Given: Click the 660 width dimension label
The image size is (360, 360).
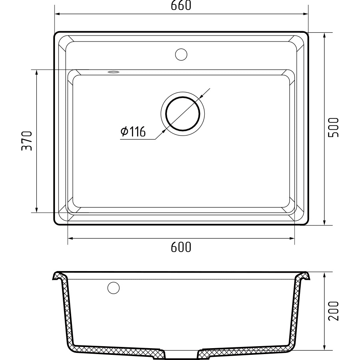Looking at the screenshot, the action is click(181, 6).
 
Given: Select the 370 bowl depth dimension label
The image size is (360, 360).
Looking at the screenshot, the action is click(26, 141).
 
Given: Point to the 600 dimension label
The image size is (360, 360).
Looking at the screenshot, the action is click(181, 247).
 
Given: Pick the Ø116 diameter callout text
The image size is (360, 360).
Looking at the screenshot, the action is click(133, 132).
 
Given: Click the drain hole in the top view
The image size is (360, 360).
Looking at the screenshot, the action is click(183, 114).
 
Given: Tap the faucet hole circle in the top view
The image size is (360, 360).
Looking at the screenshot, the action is click(181, 55).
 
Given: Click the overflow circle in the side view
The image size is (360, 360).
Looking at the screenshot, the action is click(113, 288).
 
